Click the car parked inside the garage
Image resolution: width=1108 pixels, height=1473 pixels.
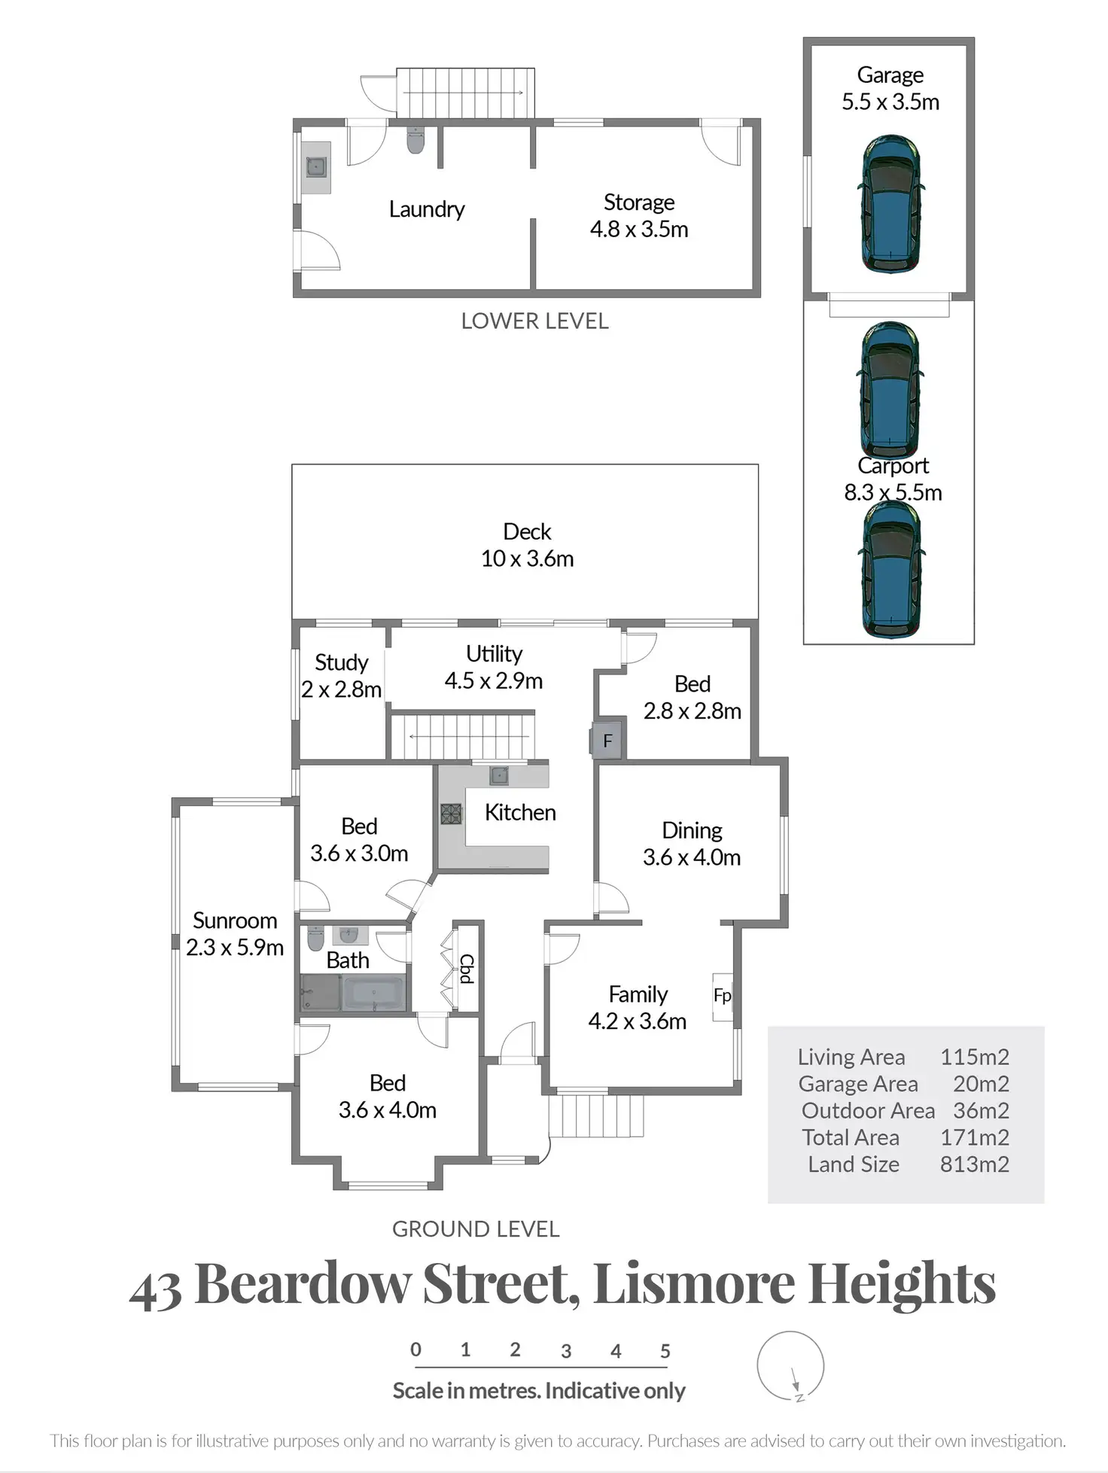[x=890, y=204]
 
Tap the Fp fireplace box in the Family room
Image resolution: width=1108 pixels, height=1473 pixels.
[x=722, y=996]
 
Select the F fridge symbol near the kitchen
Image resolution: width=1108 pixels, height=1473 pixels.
[x=607, y=741]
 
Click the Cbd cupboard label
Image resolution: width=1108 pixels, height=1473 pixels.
[x=467, y=969]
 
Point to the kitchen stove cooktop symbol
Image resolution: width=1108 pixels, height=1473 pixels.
[x=451, y=814]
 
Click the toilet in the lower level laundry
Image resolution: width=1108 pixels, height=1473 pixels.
[x=415, y=139]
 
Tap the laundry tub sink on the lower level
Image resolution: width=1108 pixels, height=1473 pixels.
[x=316, y=166]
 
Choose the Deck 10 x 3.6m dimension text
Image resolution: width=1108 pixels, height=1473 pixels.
[x=527, y=558]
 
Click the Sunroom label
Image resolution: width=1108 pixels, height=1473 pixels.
[x=235, y=921]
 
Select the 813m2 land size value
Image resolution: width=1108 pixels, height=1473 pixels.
[x=974, y=1164]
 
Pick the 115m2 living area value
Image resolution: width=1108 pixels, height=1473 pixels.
[x=974, y=1057]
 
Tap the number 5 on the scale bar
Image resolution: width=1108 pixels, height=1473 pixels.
[x=665, y=1351]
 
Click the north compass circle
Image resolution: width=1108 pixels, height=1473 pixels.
[x=790, y=1365]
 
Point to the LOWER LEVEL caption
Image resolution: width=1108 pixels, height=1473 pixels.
[x=534, y=321]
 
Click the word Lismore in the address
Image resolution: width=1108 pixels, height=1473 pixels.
[x=693, y=1283]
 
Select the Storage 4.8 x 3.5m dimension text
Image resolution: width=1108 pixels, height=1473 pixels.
[x=639, y=229]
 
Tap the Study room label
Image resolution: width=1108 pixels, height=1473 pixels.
[x=341, y=662]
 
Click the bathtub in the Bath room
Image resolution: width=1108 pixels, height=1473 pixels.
[x=374, y=993]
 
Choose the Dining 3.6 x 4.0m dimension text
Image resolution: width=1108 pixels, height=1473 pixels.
[x=692, y=857]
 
